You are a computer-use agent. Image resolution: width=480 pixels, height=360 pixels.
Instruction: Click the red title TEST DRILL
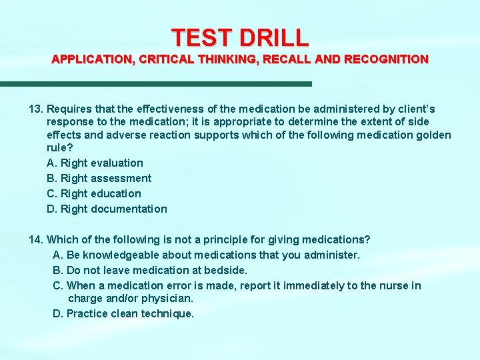[x=239, y=37]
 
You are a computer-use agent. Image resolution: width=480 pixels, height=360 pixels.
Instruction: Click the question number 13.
[x=35, y=109]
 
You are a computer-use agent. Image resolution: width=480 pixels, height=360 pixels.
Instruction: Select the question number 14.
[x=35, y=239]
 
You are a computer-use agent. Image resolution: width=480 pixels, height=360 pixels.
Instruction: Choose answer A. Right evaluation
[x=95, y=163]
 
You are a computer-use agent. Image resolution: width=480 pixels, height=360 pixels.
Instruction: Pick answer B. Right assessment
[x=99, y=178]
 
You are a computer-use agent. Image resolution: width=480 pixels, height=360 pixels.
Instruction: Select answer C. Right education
[x=94, y=193]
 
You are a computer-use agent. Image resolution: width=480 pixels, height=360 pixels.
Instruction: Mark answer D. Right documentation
[x=107, y=209]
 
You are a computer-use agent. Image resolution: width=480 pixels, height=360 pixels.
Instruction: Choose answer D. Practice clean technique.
[x=123, y=313]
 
